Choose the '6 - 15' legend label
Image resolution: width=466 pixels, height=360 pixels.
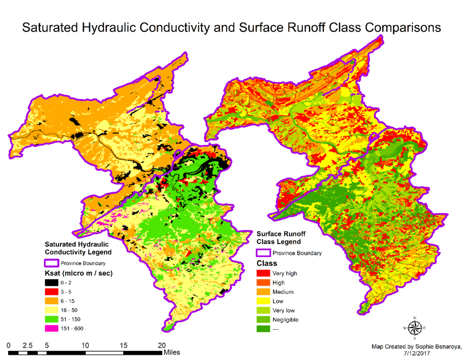(69, 301)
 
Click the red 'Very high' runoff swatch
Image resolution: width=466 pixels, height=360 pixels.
(263, 274)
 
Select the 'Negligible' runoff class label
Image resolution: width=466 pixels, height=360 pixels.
(285, 319)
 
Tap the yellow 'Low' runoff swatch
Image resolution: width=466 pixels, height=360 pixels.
(263, 301)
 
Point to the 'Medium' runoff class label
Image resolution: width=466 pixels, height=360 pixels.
(283, 292)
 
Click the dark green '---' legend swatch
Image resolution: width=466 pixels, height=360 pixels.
(263, 329)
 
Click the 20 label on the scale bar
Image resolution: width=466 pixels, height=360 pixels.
(162, 345)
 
